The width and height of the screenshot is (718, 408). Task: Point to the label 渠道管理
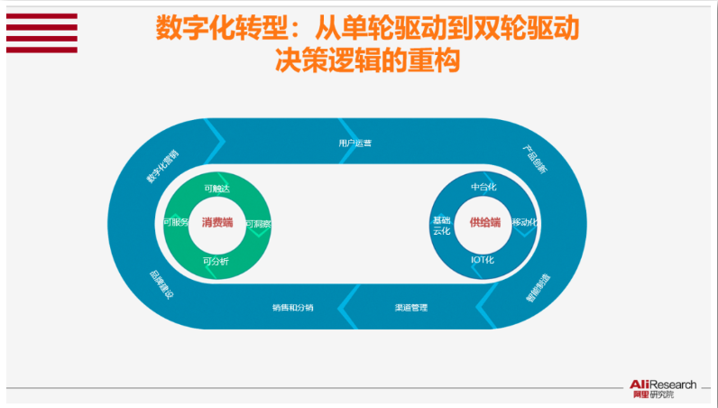click(410, 308)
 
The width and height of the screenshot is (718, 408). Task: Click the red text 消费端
click(217, 222)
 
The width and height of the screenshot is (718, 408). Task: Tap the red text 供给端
click(484, 222)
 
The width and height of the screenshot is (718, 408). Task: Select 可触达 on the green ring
click(217, 189)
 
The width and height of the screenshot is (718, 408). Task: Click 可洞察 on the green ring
click(258, 223)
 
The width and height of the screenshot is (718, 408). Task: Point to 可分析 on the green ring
click(216, 262)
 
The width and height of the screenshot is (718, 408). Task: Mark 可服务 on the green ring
click(176, 222)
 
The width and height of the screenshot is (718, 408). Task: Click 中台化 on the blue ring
click(484, 187)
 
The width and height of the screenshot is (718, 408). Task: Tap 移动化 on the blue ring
click(525, 222)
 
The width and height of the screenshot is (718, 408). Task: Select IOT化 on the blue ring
click(483, 260)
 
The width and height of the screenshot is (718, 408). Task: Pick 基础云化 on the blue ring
click(441, 226)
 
